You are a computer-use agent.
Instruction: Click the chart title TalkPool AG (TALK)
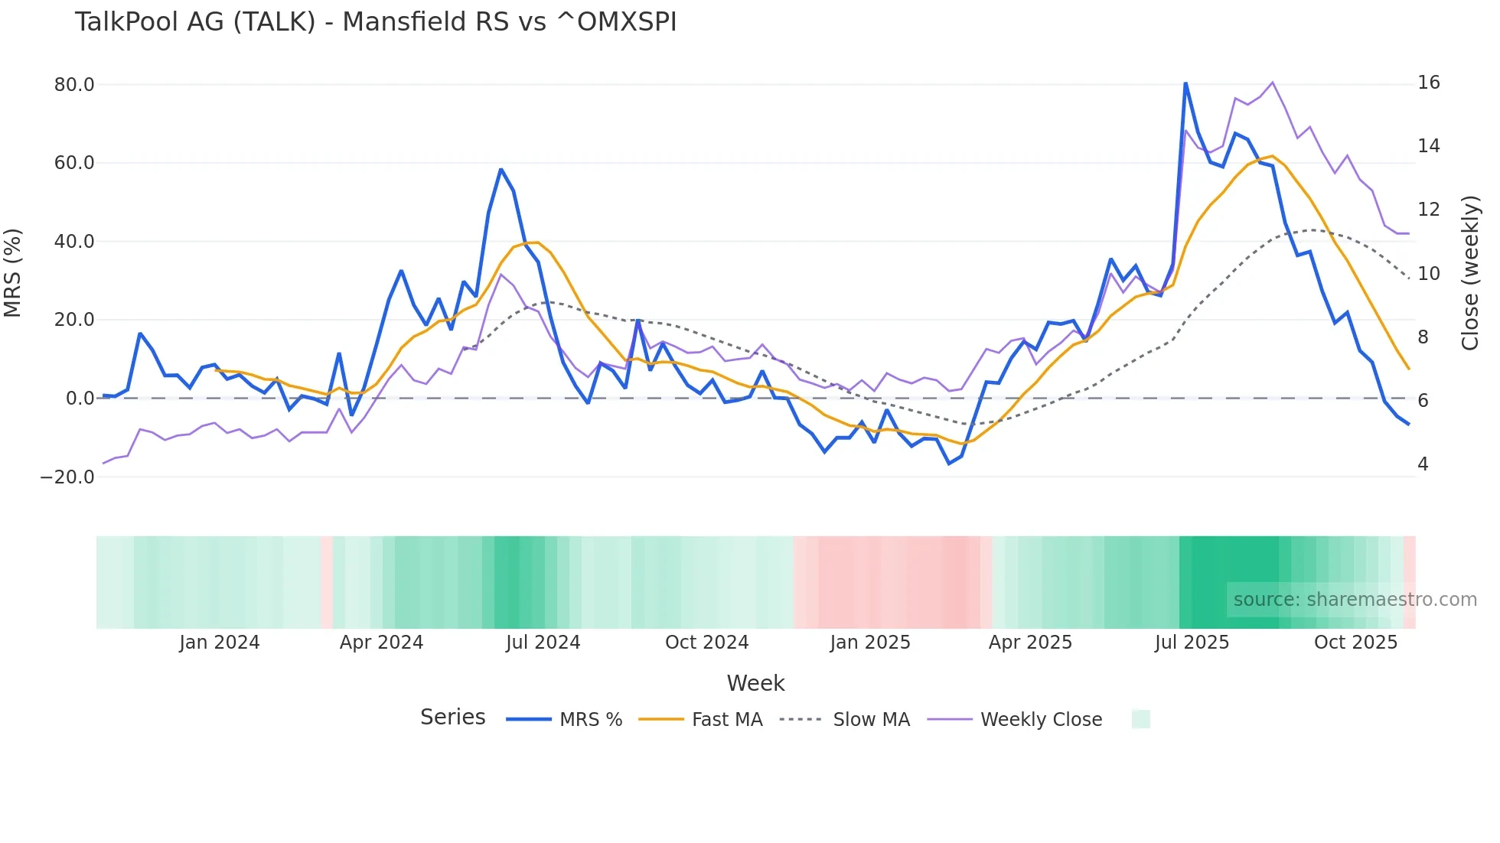click(375, 21)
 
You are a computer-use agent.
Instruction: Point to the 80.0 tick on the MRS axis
click(74, 85)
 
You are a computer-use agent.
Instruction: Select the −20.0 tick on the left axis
click(67, 477)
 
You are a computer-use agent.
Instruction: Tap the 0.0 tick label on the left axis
click(80, 399)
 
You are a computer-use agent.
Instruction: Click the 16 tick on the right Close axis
click(1428, 83)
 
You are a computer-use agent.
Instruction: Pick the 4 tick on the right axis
click(1423, 464)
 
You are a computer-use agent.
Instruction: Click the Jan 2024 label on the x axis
click(220, 643)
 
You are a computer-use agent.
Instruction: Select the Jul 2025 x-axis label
click(1192, 643)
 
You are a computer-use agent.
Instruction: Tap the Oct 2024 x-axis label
click(706, 643)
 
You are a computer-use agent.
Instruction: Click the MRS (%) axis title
click(13, 272)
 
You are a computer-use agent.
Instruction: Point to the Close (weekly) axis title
click(1469, 272)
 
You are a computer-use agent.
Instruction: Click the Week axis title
click(755, 683)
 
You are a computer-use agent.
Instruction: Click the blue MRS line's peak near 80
click(1185, 83)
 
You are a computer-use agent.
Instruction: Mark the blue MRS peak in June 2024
click(501, 170)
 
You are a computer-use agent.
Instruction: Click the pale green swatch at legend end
click(1140, 719)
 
